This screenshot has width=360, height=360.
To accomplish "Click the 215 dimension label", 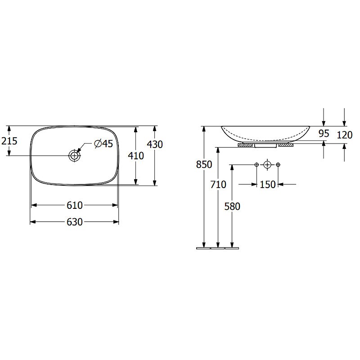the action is click(9, 141).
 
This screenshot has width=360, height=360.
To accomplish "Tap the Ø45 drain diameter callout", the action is click(103, 144).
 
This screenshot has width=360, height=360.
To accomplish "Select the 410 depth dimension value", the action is click(136, 156).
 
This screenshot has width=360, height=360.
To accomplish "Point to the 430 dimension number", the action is click(155, 144).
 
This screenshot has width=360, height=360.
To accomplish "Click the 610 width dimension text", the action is click(75, 205).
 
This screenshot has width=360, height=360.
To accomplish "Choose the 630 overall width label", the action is click(75, 222).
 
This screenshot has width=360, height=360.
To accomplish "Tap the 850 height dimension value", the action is click(204, 164).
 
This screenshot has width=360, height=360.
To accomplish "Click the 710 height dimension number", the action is click(218, 184).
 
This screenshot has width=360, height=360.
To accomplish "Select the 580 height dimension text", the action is click(232, 207).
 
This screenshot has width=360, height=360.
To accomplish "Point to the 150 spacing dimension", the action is click(267, 184).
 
